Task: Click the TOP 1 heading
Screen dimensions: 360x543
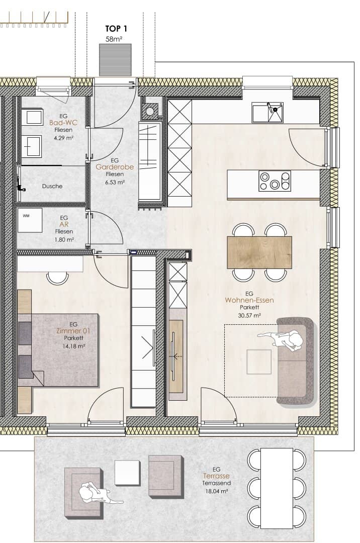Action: [116, 28]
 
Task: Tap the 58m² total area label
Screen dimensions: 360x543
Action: [114, 39]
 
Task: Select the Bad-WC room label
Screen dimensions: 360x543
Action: [63, 123]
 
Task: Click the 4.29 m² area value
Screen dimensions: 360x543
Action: [63, 138]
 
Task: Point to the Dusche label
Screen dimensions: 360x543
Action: [52, 186]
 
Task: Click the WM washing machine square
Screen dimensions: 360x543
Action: [30, 220]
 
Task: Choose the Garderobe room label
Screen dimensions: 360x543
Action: [115, 167]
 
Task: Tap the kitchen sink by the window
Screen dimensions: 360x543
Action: [267, 112]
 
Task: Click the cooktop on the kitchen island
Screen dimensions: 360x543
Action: [275, 180]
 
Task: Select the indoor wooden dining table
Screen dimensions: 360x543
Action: [259, 252]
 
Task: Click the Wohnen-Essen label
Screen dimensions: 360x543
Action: [249, 300]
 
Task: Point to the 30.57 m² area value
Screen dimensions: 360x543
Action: [249, 315]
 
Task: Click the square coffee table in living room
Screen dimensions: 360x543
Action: [259, 361]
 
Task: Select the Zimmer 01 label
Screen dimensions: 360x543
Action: [73, 331]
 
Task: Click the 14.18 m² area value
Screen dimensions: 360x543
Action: [74, 346]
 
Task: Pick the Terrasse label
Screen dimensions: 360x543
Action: [216, 476]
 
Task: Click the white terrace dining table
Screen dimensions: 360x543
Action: [277, 488]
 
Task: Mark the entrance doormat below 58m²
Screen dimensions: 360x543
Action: [115, 59]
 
